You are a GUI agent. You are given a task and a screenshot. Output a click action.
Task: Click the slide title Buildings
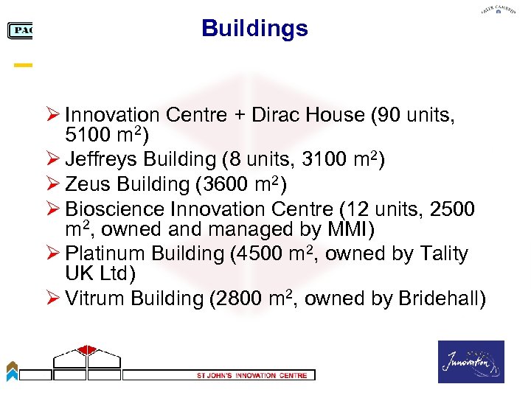[254, 29]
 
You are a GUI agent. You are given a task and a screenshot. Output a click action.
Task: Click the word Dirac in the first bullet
[277, 115]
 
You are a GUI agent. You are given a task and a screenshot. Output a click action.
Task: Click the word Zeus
[86, 184]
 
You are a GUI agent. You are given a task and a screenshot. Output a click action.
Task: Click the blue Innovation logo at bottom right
[471, 362]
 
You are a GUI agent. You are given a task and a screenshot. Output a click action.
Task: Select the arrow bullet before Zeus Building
[53, 184]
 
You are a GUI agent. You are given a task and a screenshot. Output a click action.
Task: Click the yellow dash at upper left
[24, 66]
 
